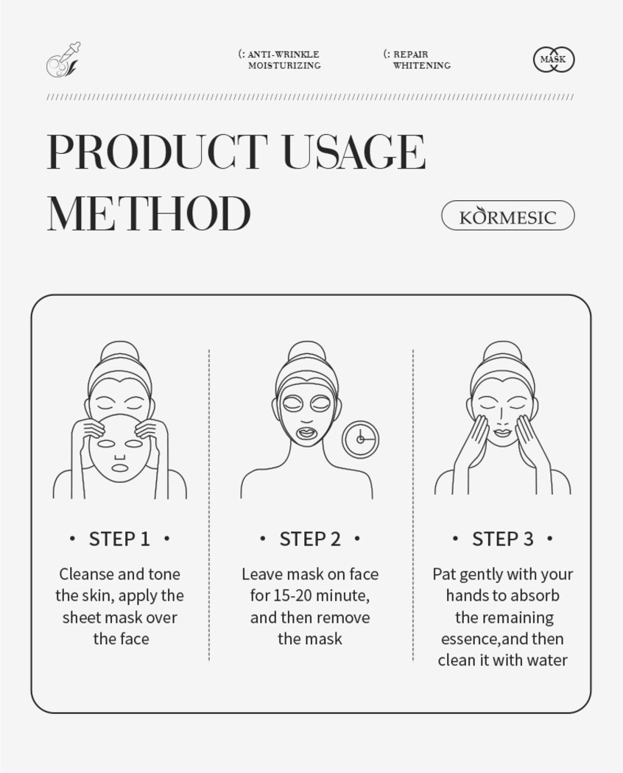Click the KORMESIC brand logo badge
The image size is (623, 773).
pyautogui.click(x=507, y=216)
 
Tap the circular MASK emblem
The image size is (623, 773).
pyautogui.click(x=554, y=60)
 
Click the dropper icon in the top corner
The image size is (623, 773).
pyautogui.click(x=63, y=60)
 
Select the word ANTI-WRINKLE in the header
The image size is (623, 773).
pyautogui.click(x=283, y=54)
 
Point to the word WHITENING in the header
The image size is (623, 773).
pyautogui.click(x=422, y=65)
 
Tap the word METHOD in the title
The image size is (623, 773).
pyautogui.click(x=149, y=213)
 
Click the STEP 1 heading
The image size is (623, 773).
pyautogui.click(x=119, y=539)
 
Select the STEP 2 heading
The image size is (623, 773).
pyautogui.click(x=310, y=539)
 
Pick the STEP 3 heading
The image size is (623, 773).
pyautogui.click(x=503, y=539)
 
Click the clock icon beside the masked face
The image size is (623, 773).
pyautogui.click(x=361, y=438)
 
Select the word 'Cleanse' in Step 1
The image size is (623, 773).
pyautogui.click(x=88, y=573)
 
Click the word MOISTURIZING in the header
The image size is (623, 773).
pyautogui.click(x=284, y=65)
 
